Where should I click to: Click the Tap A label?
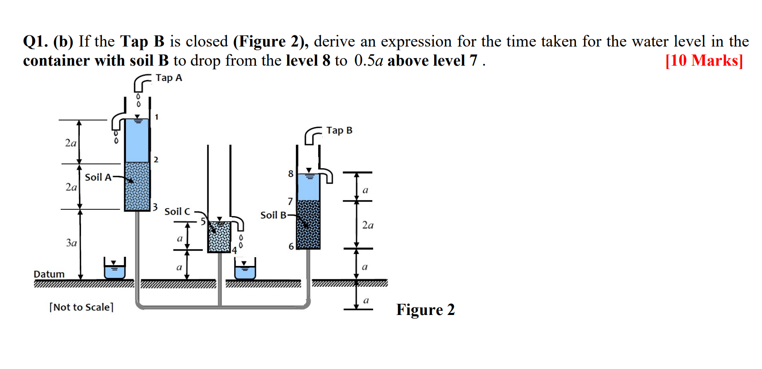(169, 78)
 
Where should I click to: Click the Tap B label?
(339, 130)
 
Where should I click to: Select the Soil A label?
(98, 177)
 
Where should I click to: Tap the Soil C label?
(177, 212)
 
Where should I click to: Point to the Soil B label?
(273, 215)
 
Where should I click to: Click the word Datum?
(49, 274)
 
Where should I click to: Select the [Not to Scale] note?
(81, 307)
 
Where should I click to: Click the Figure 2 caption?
(425, 310)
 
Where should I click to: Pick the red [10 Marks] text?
(704, 61)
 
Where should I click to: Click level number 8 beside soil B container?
(291, 174)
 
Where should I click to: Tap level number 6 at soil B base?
(291, 246)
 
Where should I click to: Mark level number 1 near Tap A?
(157, 117)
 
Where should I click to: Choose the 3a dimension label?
(71, 243)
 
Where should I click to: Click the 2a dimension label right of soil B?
(368, 225)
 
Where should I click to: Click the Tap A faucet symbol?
(142, 82)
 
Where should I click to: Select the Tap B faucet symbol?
(312, 135)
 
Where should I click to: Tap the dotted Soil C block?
(219, 237)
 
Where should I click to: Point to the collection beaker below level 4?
(245, 270)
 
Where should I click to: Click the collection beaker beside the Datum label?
(114, 270)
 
